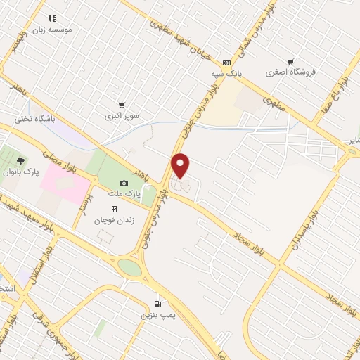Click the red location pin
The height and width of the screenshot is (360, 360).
[181, 166]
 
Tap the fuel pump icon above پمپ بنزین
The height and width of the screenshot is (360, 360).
[157, 304]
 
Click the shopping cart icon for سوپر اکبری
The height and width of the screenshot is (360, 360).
[122, 105]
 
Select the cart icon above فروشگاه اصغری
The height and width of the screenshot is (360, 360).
[290, 61]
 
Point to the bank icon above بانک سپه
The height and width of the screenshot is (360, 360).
[226, 62]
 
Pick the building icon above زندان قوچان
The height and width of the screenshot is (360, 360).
[114, 210]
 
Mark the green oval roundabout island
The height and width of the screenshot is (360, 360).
[129, 267]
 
